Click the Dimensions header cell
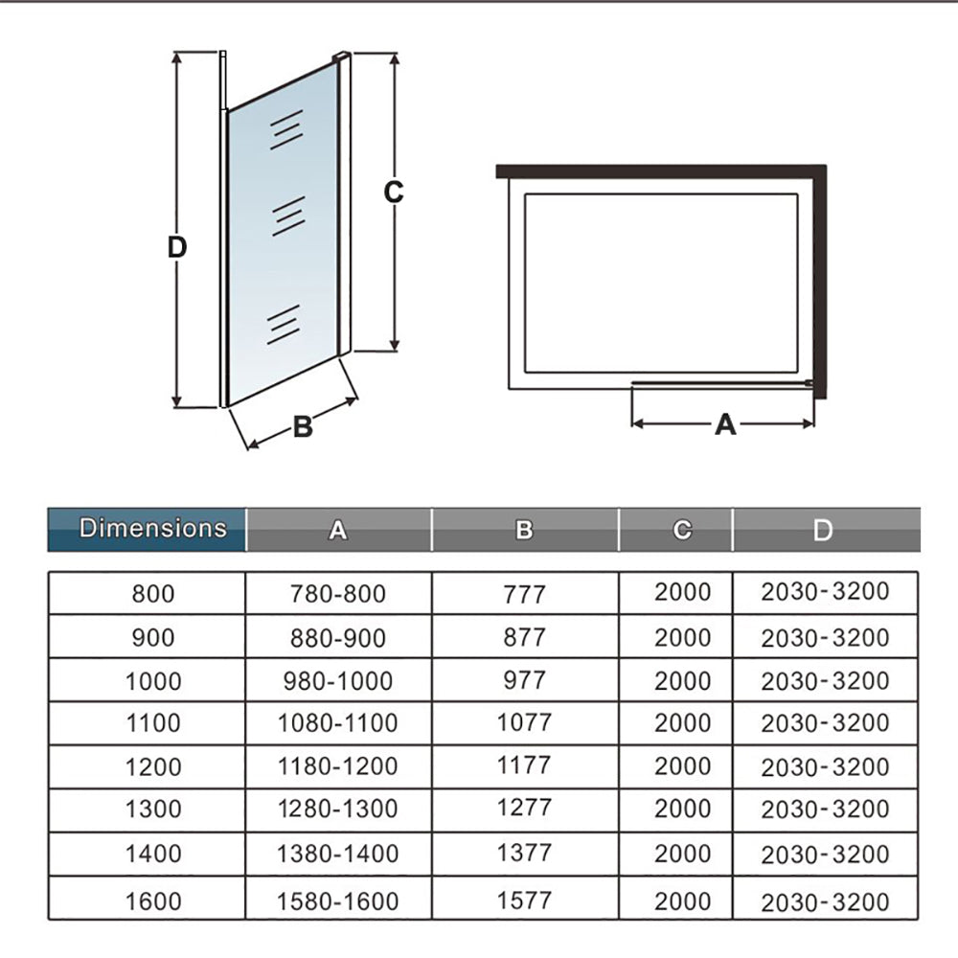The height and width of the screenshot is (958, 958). point(147,529)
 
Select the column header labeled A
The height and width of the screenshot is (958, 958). point(338,530)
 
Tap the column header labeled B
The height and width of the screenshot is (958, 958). point(525,530)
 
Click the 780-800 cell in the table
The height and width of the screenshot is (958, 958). point(338,594)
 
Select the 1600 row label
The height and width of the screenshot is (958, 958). point(153,901)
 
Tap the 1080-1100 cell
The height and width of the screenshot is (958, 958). point(338,723)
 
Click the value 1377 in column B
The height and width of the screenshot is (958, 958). point(524,853)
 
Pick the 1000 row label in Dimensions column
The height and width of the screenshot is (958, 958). point(153,681)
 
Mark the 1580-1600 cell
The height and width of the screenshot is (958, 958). point(338,901)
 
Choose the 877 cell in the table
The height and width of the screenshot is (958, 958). point(524,638)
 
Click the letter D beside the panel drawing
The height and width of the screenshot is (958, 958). point(177,247)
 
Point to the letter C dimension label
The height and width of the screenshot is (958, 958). point(394,193)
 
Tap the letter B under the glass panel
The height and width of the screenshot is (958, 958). point(303,426)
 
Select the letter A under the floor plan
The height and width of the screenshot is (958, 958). point(725,424)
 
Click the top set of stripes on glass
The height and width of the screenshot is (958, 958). point(286,129)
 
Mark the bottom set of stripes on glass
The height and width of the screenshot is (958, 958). point(284,325)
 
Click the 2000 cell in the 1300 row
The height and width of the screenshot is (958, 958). point(682,809)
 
